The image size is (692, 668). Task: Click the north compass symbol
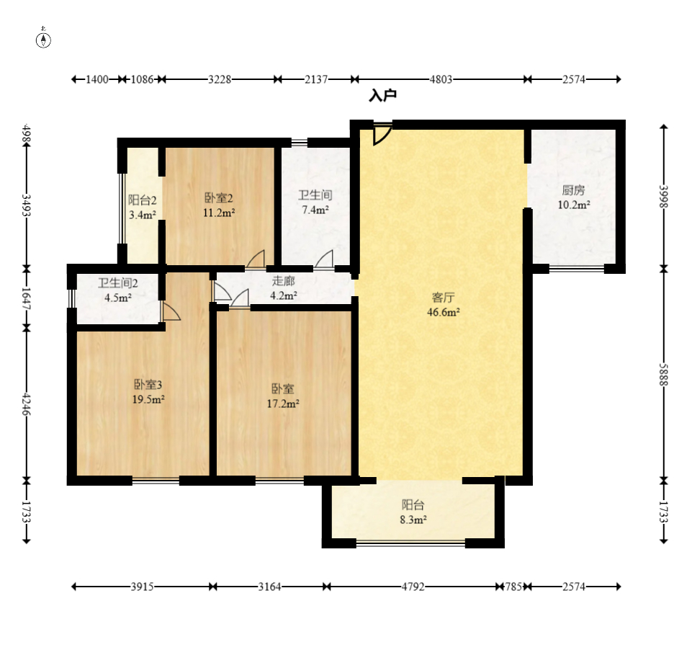point(43,39)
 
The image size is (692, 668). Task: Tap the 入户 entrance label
point(382,95)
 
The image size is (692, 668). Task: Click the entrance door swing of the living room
point(382,134)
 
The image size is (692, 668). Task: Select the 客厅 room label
point(443,297)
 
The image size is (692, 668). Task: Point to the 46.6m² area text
point(443,312)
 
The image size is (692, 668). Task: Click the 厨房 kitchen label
point(573,190)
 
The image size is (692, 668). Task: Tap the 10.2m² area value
point(574,205)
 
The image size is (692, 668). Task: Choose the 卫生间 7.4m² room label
point(315,202)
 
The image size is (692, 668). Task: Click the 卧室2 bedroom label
point(218,197)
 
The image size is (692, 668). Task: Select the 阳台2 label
point(142,200)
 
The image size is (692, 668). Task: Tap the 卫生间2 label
point(118,283)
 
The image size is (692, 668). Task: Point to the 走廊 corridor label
point(283,281)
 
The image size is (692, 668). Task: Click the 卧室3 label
point(148,385)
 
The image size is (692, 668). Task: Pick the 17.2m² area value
point(283,404)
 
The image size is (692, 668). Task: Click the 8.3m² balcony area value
point(413,520)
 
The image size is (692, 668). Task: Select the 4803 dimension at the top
point(441,79)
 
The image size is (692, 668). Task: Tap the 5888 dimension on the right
point(664,375)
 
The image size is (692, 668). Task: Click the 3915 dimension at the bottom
point(142,587)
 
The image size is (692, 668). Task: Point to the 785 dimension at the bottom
point(513,587)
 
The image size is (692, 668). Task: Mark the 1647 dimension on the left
point(27,298)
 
